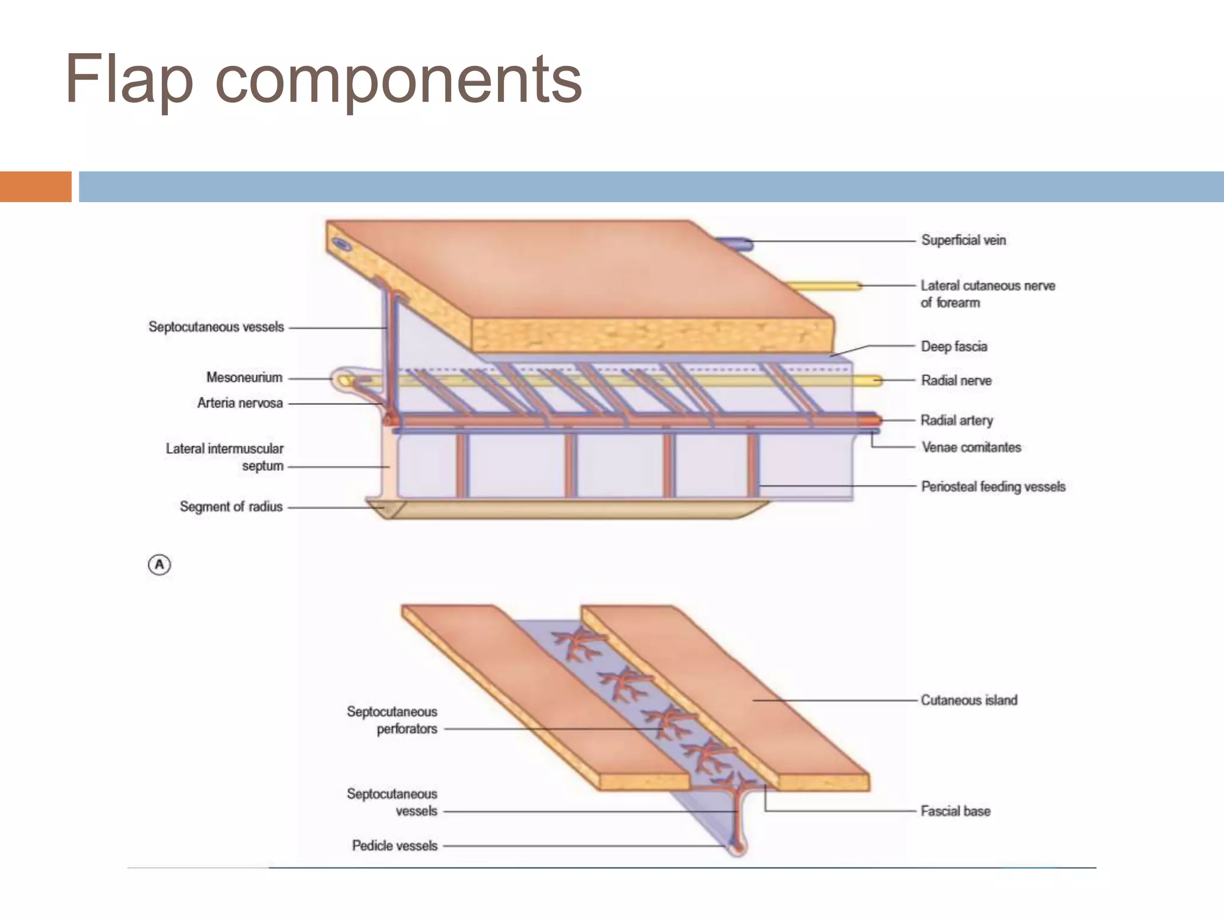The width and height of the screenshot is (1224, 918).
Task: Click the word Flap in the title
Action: coord(129,80)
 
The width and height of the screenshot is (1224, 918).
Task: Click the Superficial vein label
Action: coord(963,240)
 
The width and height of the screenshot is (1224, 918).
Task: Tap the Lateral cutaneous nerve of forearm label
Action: coord(987,294)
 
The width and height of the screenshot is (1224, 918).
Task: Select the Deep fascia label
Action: coord(954,347)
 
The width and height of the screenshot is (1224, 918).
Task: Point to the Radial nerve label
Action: coord(956,381)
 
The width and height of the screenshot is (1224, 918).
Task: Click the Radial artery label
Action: coord(956,421)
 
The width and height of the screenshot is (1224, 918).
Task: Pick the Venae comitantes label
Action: coord(971,448)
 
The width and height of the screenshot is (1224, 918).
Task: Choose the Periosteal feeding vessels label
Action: coord(993,487)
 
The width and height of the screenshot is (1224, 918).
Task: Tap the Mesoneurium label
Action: coord(244,378)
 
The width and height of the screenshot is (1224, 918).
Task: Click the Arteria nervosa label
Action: coord(240,403)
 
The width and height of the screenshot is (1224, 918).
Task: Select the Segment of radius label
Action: coord(231,507)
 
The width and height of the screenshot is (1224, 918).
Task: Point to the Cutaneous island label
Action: coord(968,700)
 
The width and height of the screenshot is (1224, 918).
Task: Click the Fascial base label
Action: coord(955,812)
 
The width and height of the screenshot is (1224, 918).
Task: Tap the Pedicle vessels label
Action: coord(394,846)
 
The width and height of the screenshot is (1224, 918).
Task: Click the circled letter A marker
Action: coord(159,565)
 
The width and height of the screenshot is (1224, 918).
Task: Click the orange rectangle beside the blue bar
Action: coord(35,186)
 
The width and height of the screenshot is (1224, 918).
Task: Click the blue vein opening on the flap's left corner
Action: coord(342,244)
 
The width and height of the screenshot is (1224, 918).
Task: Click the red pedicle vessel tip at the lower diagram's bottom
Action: coord(739,848)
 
